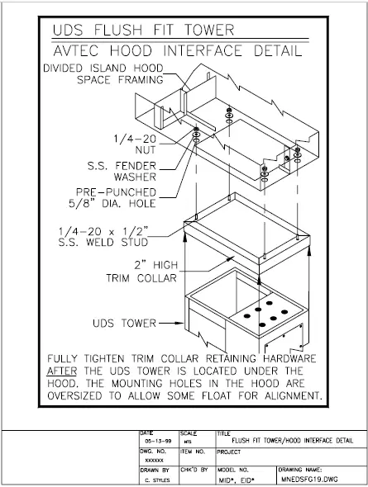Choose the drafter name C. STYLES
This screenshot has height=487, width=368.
coord(155,479)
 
